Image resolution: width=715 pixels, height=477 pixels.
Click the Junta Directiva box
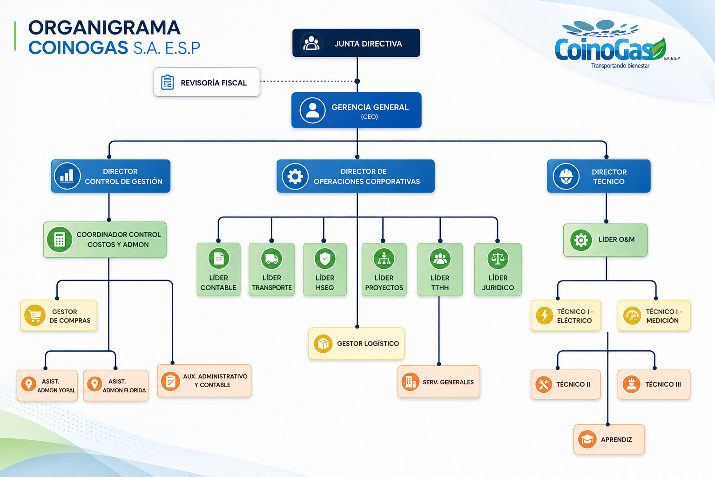pos(356,43)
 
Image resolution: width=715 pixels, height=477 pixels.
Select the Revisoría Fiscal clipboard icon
pos(167,82)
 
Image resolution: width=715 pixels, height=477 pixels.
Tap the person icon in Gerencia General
pos(312,110)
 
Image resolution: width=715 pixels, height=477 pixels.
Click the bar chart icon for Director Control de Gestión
pos(67,176)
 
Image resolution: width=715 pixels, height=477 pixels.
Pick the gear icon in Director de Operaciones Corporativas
pos(295,177)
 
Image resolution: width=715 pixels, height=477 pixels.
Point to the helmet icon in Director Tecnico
pos(566,177)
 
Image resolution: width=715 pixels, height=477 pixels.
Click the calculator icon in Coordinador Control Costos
pos(60,239)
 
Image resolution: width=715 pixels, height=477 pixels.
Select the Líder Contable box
pos(219,269)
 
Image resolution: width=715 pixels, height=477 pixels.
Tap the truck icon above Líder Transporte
pos(272,259)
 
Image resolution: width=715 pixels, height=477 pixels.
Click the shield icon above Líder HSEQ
pos(325,259)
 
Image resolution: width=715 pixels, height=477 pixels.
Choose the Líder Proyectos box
pos(384,269)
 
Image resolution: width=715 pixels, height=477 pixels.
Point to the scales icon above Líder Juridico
pos(498,259)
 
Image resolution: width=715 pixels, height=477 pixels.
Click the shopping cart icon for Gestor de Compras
pos(35,315)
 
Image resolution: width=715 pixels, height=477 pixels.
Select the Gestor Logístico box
pos(357,343)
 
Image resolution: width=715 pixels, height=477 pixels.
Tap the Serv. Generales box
pos(438,382)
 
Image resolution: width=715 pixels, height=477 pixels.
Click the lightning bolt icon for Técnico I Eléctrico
pos(545,315)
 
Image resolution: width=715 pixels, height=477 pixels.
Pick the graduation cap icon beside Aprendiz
pos(587,439)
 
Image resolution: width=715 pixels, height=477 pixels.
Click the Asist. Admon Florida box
pos(116,385)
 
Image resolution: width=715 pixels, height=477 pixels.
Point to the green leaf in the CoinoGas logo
pos(658,49)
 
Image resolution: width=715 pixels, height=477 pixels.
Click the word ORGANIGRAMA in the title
pos(104,27)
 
